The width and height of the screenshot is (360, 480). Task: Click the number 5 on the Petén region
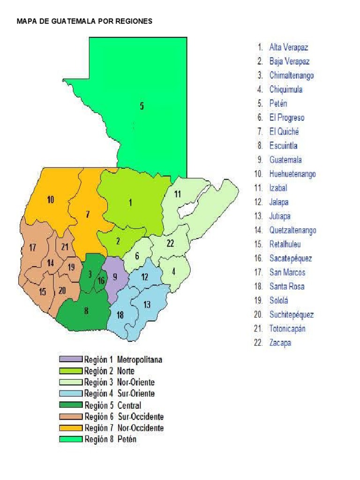142,106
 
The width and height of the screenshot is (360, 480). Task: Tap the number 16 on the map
101,281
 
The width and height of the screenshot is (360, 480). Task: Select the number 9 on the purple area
115,276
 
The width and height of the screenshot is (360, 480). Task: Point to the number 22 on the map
170,243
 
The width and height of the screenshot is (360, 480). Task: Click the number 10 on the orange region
50,200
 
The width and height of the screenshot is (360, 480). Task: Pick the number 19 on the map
71,267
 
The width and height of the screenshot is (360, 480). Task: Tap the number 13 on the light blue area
147,304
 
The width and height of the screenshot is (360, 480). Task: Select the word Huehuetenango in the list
292,174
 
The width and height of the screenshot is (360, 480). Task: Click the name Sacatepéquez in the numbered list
291,258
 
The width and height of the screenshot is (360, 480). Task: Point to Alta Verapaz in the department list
289,47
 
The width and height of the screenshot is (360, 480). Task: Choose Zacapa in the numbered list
280,343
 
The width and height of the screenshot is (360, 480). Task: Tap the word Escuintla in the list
284,146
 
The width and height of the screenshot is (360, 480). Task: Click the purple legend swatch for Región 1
71,360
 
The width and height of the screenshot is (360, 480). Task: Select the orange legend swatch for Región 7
71,428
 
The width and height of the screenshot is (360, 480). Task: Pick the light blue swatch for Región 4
71,394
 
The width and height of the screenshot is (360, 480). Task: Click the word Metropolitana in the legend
140,360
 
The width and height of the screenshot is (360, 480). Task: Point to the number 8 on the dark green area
86,310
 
